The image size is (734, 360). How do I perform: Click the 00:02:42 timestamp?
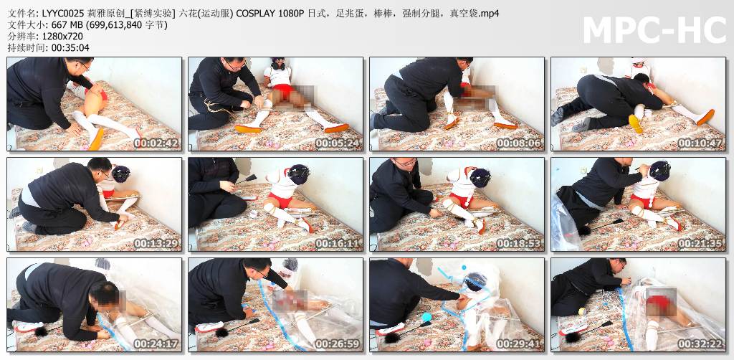pyautogui.click(x=156, y=143)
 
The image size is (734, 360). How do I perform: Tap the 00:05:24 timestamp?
pyautogui.click(x=338, y=143)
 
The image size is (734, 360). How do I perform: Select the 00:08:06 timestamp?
pyautogui.click(x=519, y=143)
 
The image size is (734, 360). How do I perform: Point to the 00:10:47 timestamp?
pyautogui.click(x=701, y=143)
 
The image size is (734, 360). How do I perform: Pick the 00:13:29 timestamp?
pyautogui.click(x=156, y=243)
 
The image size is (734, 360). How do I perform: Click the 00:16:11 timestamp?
pyautogui.click(x=338, y=243)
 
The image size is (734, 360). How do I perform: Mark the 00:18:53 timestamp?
pyautogui.click(x=519, y=243)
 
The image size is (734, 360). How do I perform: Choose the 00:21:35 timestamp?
pyautogui.click(x=701, y=243)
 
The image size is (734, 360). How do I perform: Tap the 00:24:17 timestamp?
pyautogui.click(x=156, y=344)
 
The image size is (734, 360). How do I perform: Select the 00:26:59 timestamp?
pyautogui.click(x=338, y=344)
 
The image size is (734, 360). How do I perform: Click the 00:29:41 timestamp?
pyautogui.click(x=519, y=344)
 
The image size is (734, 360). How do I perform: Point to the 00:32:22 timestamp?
pyautogui.click(x=701, y=344)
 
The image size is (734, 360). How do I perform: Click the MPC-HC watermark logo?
pyautogui.click(x=654, y=30)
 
